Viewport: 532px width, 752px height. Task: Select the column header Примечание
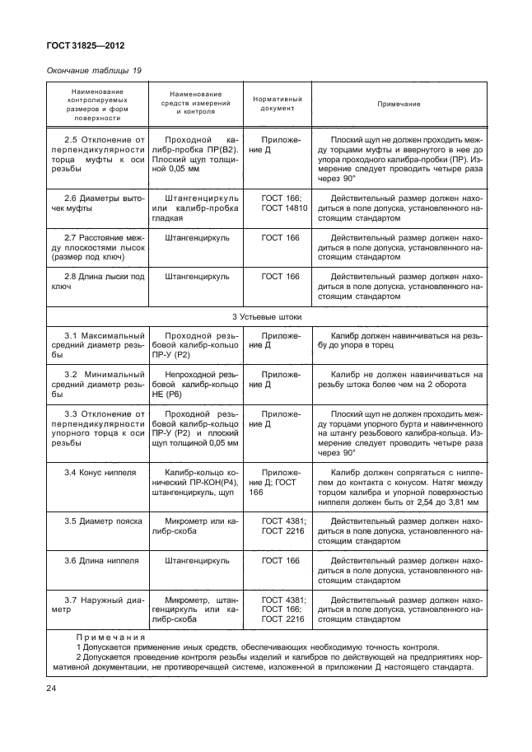(399, 105)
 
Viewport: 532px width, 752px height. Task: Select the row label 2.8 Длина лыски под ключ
(96, 282)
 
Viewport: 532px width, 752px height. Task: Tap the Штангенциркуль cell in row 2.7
(197, 238)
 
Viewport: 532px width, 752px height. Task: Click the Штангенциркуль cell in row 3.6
(197, 560)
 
